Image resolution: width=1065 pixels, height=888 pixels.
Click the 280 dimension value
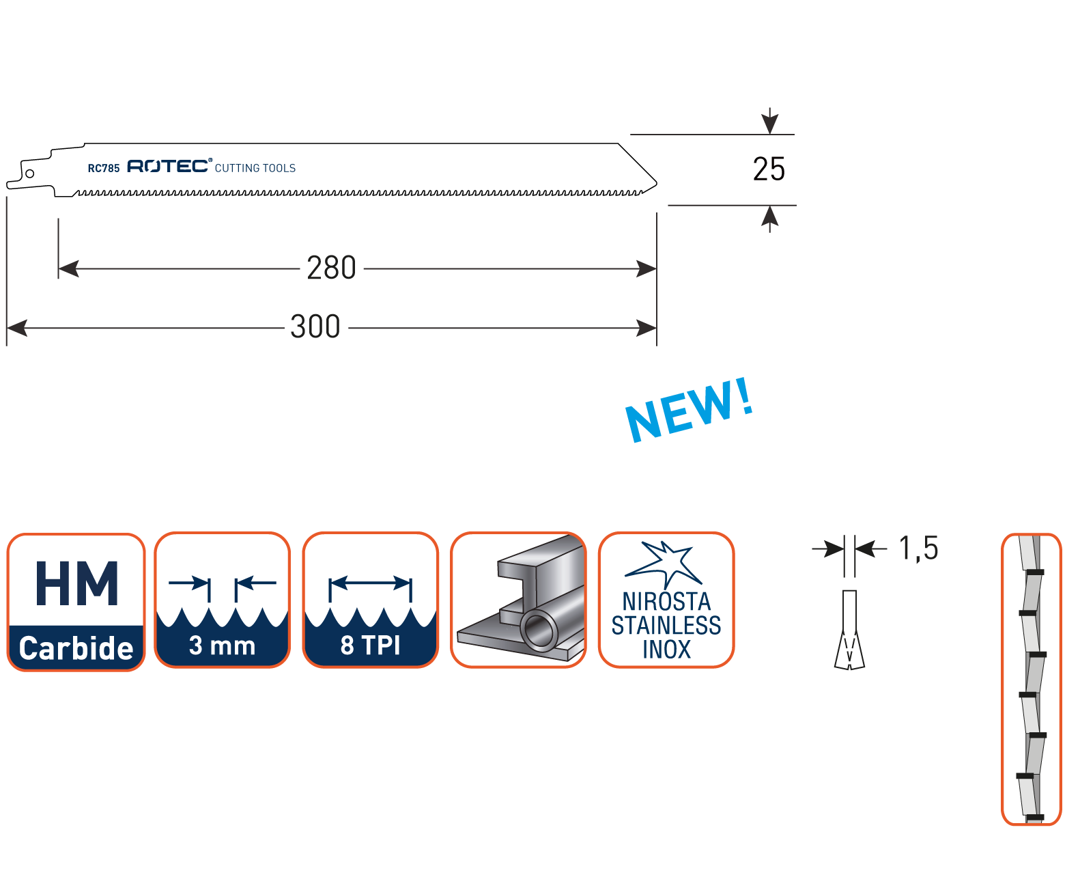(331, 268)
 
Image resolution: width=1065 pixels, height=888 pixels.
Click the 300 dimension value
(315, 327)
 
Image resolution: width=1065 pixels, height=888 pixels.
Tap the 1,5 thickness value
(918, 549)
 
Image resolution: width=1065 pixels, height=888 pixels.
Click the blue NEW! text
(690, 409)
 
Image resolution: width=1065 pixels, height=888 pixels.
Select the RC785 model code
(103, 168)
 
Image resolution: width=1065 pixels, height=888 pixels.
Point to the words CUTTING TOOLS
(255, 168)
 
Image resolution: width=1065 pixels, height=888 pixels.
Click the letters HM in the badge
(76, 584)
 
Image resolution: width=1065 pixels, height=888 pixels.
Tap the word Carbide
(76, 648)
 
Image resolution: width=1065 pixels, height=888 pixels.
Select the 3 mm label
(222, 646)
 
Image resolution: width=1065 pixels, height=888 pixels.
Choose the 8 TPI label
(370, 645)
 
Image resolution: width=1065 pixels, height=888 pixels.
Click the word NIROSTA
(666, 602)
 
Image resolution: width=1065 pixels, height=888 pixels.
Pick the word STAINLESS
(666, 626)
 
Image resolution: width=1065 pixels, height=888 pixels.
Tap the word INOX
(666, 650)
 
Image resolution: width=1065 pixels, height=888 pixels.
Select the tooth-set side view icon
(1031, 679)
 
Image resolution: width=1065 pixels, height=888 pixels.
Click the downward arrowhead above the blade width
(770, 123)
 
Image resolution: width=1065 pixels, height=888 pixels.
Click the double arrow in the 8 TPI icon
(370, 583)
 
